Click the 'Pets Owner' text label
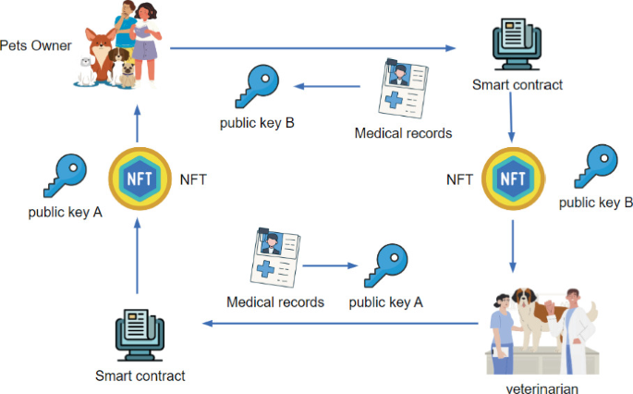click(35, 43)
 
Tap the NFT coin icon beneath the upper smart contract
click(510, 179)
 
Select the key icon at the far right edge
click(596, 166)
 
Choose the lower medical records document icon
click(276, 257)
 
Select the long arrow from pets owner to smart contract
click(314, 47)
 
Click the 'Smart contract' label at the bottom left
click(140, 376)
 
